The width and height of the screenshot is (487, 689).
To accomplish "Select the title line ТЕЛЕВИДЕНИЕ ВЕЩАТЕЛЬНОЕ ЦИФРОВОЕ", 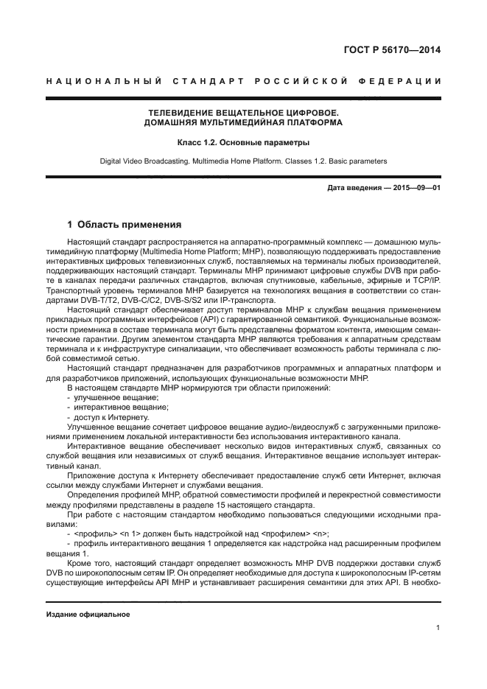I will (x=243, y=113).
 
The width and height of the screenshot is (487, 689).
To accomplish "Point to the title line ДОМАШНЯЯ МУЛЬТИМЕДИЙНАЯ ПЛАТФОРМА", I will (x=243, y=122).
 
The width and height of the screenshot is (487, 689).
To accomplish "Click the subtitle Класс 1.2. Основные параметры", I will (x=243, y=141).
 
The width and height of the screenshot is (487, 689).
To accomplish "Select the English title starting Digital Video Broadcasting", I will (x=243, y=161).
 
